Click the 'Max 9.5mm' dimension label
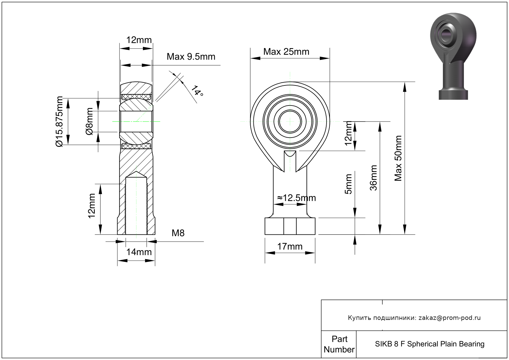[191, 57]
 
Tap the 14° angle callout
[197, 91]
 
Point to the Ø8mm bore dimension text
[89, 122]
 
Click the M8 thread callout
[178, 233]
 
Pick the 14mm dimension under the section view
[139, 252]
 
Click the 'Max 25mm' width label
[286, 52]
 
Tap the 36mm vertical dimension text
[373, 178]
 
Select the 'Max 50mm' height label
[398, 158]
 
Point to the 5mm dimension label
[348, 184]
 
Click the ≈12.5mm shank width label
[296, 198]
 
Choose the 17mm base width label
[290, 247]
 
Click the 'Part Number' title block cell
[339, 344]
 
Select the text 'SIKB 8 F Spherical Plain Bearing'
[429, 344]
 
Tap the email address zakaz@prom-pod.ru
[449, 318]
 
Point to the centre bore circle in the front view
[290, 121]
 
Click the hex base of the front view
[290, 226]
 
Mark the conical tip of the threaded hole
[136, 174]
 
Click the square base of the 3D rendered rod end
[453, 94]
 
